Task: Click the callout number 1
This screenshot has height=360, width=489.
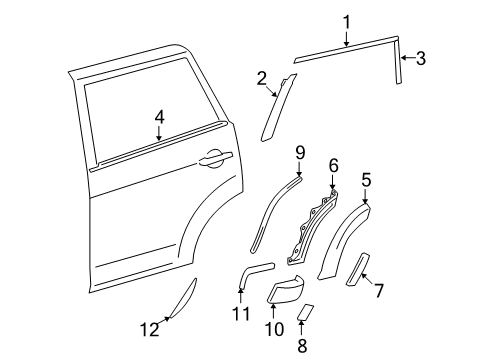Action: tap(346, 20)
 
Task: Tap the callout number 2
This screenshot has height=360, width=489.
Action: tap(261, 78)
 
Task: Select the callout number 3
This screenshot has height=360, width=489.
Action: tap(420, 59)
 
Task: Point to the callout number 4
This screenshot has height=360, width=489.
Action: tap(158, 118)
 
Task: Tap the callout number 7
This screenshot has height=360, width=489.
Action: tap(379, 290)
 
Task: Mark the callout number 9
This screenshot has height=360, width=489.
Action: tap(299, 152)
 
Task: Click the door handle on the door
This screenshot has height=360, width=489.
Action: tap(215, 157)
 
